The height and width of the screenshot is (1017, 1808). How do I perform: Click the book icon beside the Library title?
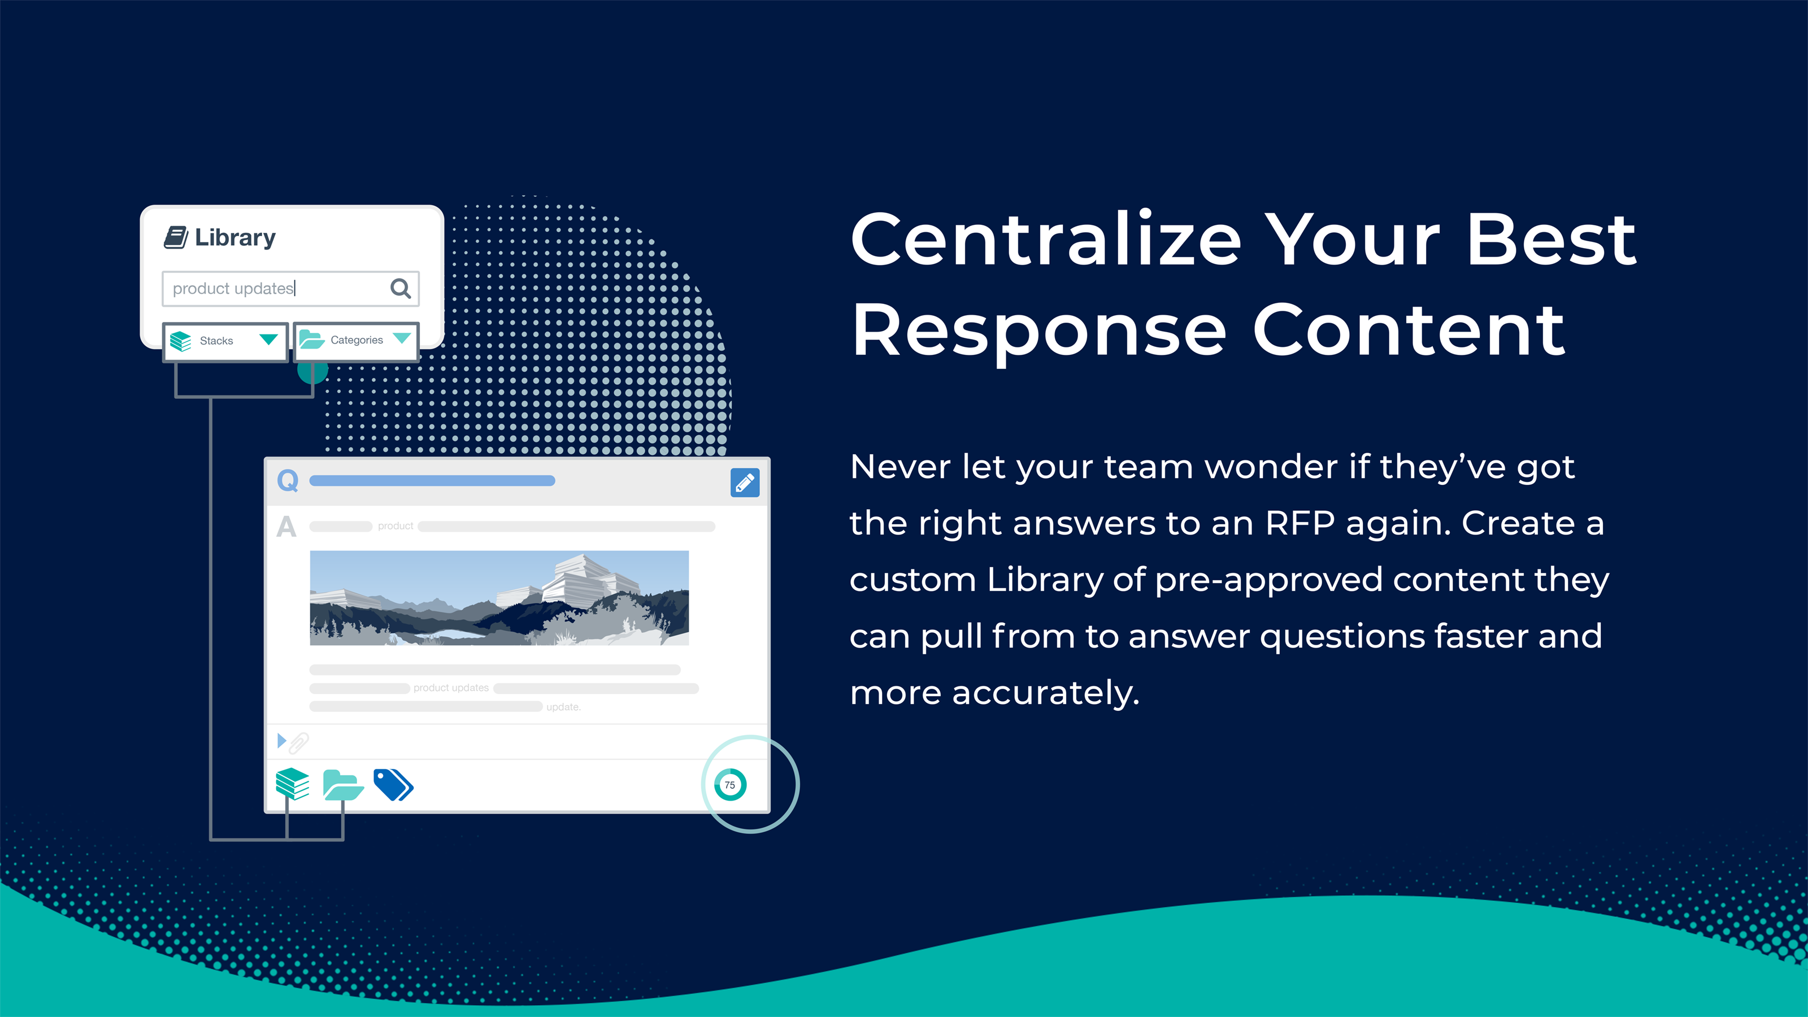[176, 237]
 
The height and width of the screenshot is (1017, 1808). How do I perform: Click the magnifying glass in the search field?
[400, 288]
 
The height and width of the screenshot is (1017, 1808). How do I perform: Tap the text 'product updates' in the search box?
[233, 289]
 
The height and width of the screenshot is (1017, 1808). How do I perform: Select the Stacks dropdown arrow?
[268, 340]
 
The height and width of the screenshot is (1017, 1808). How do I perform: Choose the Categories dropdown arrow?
[402, 338]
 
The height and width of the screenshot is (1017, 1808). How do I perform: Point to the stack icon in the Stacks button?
[180, 341]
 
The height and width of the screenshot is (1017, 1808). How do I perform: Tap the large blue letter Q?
[288, 481]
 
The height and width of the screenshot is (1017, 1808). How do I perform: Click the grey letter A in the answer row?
[286, 527]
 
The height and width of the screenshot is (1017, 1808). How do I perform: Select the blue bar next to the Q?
[432, 481]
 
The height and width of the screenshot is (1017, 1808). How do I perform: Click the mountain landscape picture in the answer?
[499, 598]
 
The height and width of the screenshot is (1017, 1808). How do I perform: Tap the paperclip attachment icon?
[299, 742]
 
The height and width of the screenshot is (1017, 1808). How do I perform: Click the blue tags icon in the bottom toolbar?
[394, 784]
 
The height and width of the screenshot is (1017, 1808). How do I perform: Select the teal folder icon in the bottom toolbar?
[343, 785]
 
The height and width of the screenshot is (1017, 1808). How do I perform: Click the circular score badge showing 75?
[730, 785]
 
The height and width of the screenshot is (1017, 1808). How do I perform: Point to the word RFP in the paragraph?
[1301, 524]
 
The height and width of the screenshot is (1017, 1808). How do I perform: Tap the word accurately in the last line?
[1046, 693]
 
